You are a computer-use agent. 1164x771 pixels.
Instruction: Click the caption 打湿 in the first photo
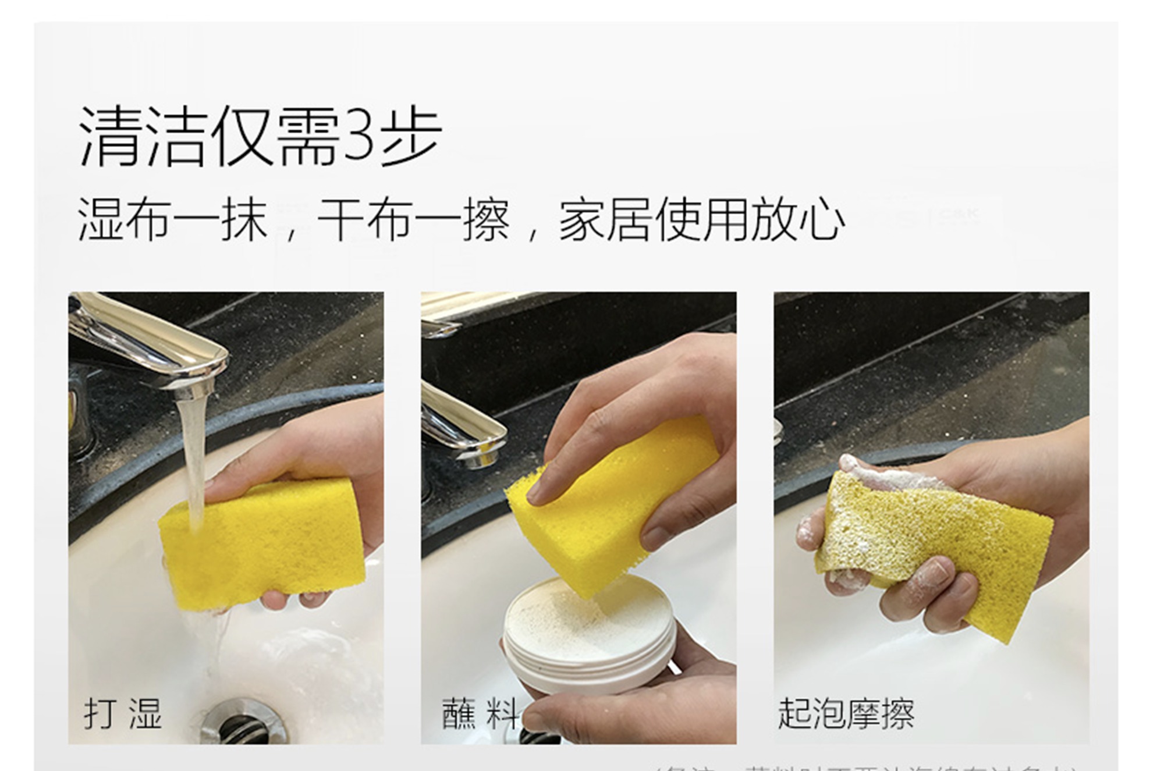(x=123, y=713)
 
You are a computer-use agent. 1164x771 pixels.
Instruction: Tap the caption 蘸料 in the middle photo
(x=480, y=713)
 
